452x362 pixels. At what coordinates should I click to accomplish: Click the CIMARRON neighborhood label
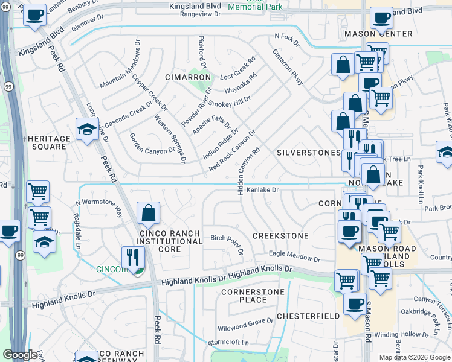[189, 78]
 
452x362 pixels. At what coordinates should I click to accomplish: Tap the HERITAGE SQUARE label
[49, 142]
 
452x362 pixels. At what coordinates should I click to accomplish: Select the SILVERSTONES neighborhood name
[308, 153]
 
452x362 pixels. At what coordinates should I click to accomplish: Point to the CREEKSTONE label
[280, 236]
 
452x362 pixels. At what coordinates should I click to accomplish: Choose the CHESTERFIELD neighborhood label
[308, 316]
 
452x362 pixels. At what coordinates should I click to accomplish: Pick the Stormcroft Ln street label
[228, 342]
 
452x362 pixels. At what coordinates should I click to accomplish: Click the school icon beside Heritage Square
[87, 129]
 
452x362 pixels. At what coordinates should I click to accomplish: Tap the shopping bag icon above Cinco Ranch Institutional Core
[148, 213]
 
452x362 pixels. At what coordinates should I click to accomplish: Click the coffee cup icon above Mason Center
[381, 18]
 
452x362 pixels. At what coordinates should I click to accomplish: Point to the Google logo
[20, 355]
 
